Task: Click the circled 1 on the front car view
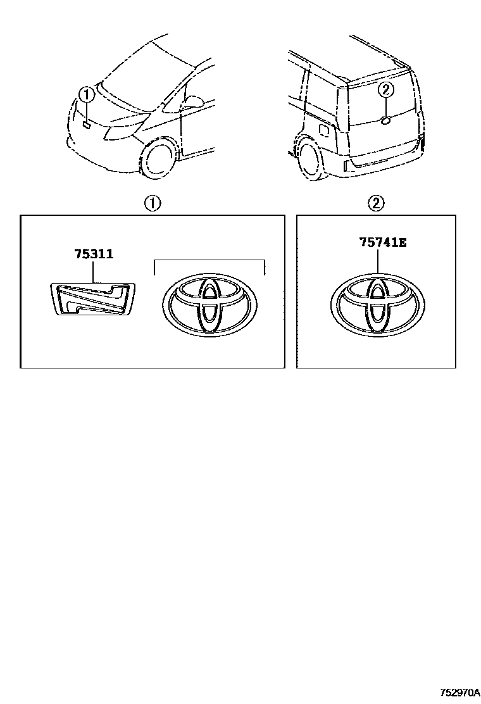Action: [87, 96]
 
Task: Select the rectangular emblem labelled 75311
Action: [93, 298]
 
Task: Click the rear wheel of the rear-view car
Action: [311, 160]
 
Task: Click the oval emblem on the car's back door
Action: [386, 119]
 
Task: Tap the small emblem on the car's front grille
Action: [85, 125]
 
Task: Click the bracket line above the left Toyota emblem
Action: [209, 260]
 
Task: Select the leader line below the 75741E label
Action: [378, 260]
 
